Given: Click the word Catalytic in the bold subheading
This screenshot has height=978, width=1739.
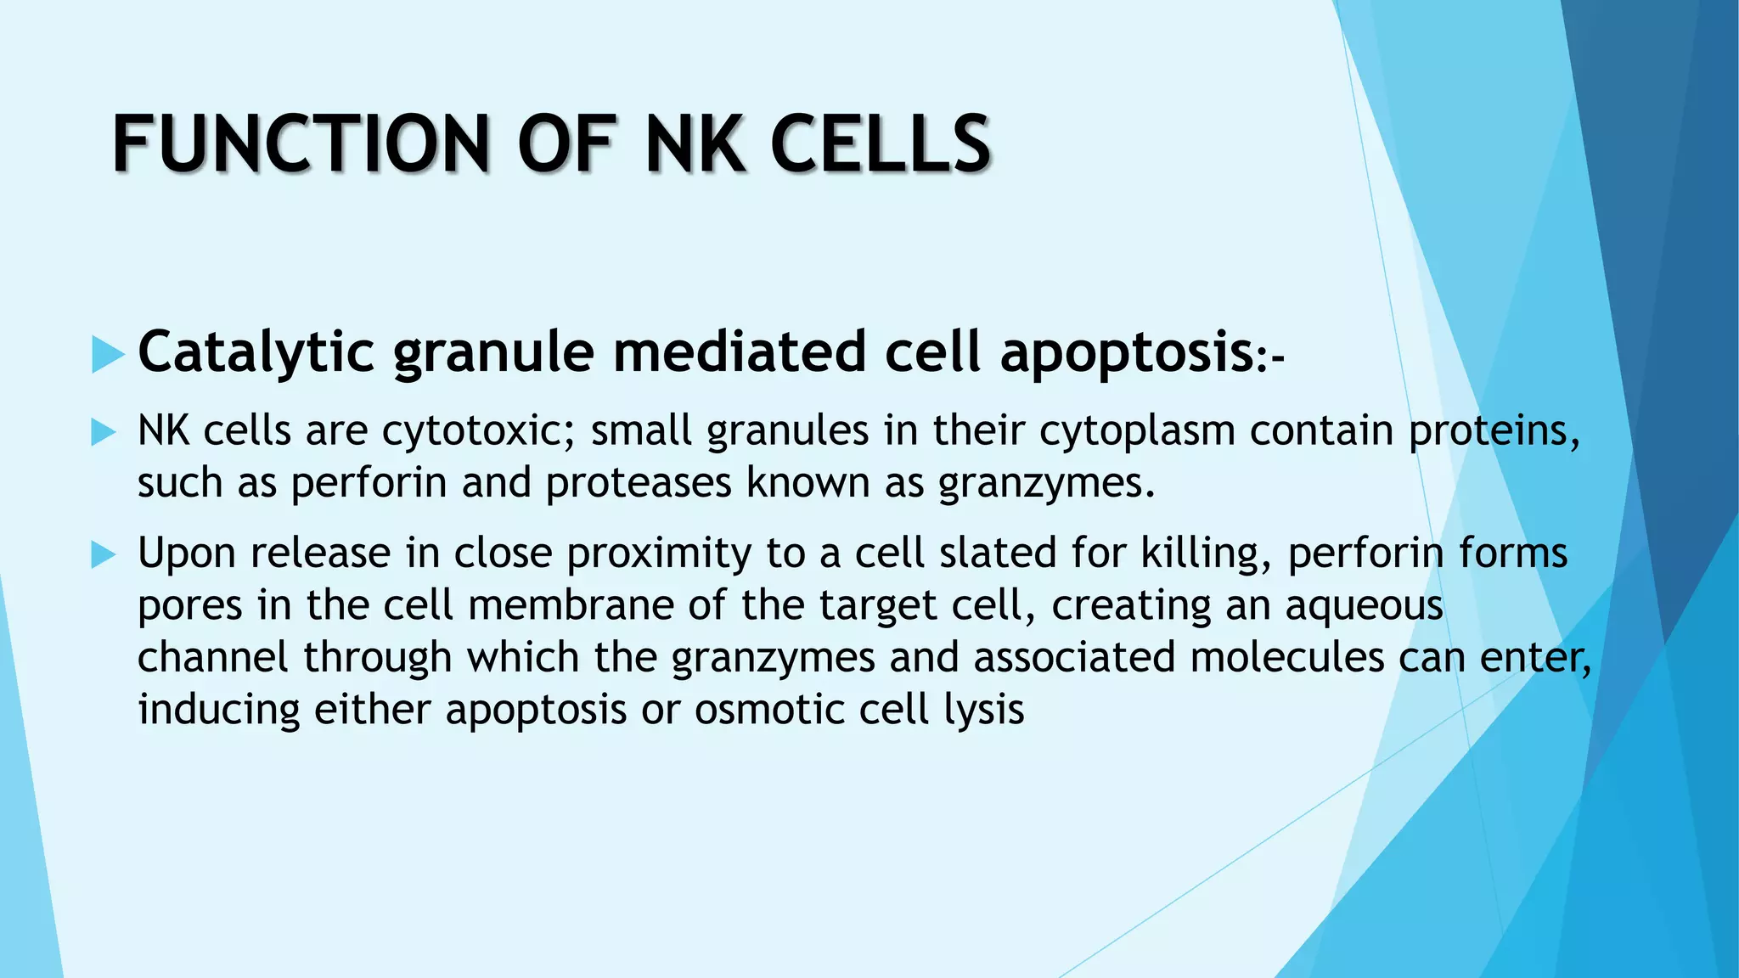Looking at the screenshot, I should click(256, 351).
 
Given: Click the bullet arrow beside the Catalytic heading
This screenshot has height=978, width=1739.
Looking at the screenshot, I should click(107, 354).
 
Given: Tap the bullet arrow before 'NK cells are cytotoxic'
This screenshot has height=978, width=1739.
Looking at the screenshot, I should click(103, 432).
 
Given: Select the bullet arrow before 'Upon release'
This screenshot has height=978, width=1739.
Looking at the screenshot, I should click(103, 555).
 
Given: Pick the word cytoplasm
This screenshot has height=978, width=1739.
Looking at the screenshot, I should click(1137, 431).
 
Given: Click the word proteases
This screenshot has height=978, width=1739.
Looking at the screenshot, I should click(638, 483).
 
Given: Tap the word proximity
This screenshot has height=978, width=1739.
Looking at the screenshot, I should click(658, 554).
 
